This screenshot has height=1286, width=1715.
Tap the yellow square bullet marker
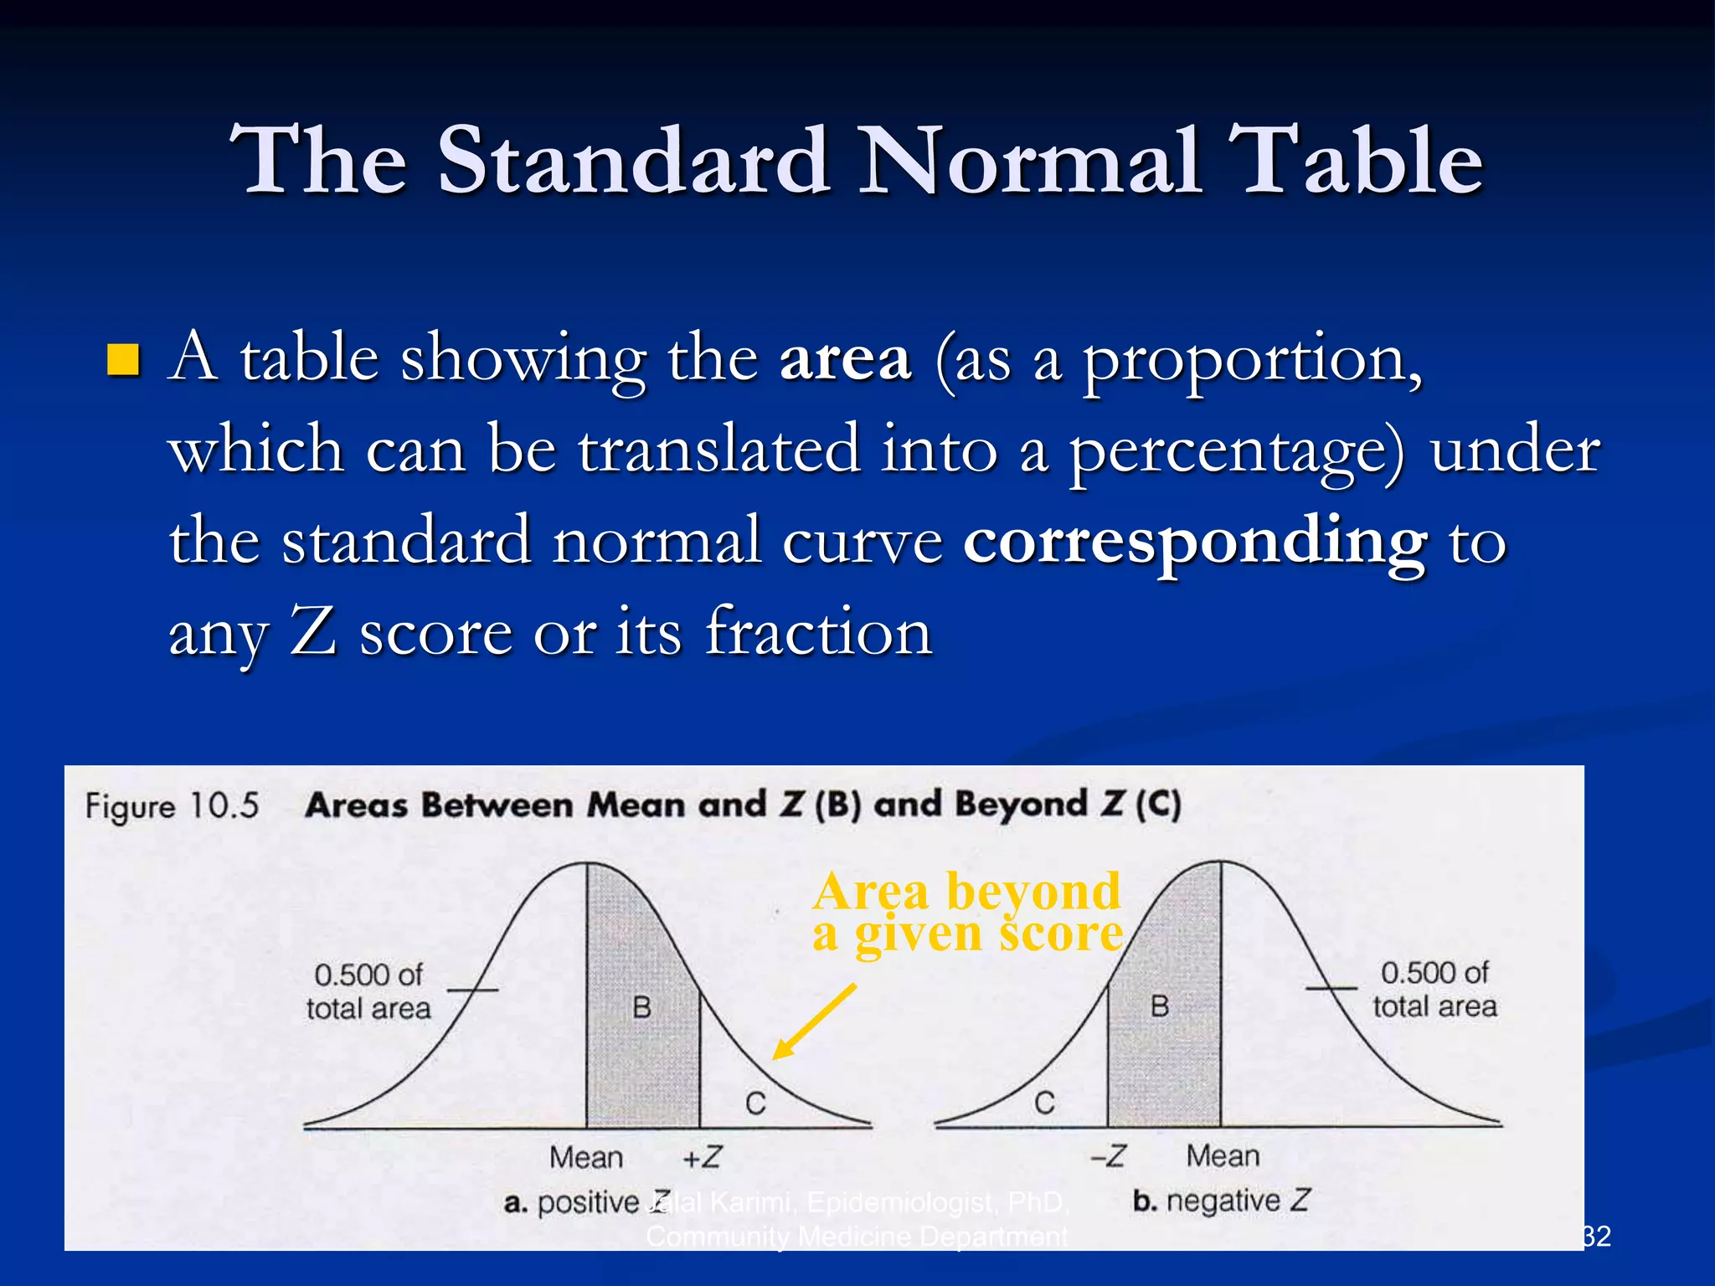124,360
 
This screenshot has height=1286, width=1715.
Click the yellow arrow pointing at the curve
812,1022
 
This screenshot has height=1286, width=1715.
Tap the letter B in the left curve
641,1007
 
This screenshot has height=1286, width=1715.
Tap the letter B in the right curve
1160,1006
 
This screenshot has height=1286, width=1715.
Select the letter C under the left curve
755,1103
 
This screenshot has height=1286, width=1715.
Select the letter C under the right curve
1044,1103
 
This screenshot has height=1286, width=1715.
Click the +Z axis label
702,1157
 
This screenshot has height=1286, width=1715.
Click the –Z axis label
1108,1156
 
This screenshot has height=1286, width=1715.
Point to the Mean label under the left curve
586,1158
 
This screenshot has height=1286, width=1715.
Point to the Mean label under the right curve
1223,1156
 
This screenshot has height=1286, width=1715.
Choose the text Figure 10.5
173,806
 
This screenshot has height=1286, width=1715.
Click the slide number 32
1596,1237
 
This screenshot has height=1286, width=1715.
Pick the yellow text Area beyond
966,891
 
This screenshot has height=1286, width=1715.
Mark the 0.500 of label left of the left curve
368,975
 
